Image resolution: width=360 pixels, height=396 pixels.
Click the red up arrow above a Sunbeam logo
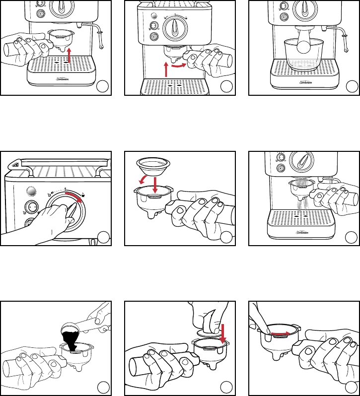pyautogui.click(x=69, y=54)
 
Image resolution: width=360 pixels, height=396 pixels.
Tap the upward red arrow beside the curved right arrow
pyautogui.click(x=165, y=68)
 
